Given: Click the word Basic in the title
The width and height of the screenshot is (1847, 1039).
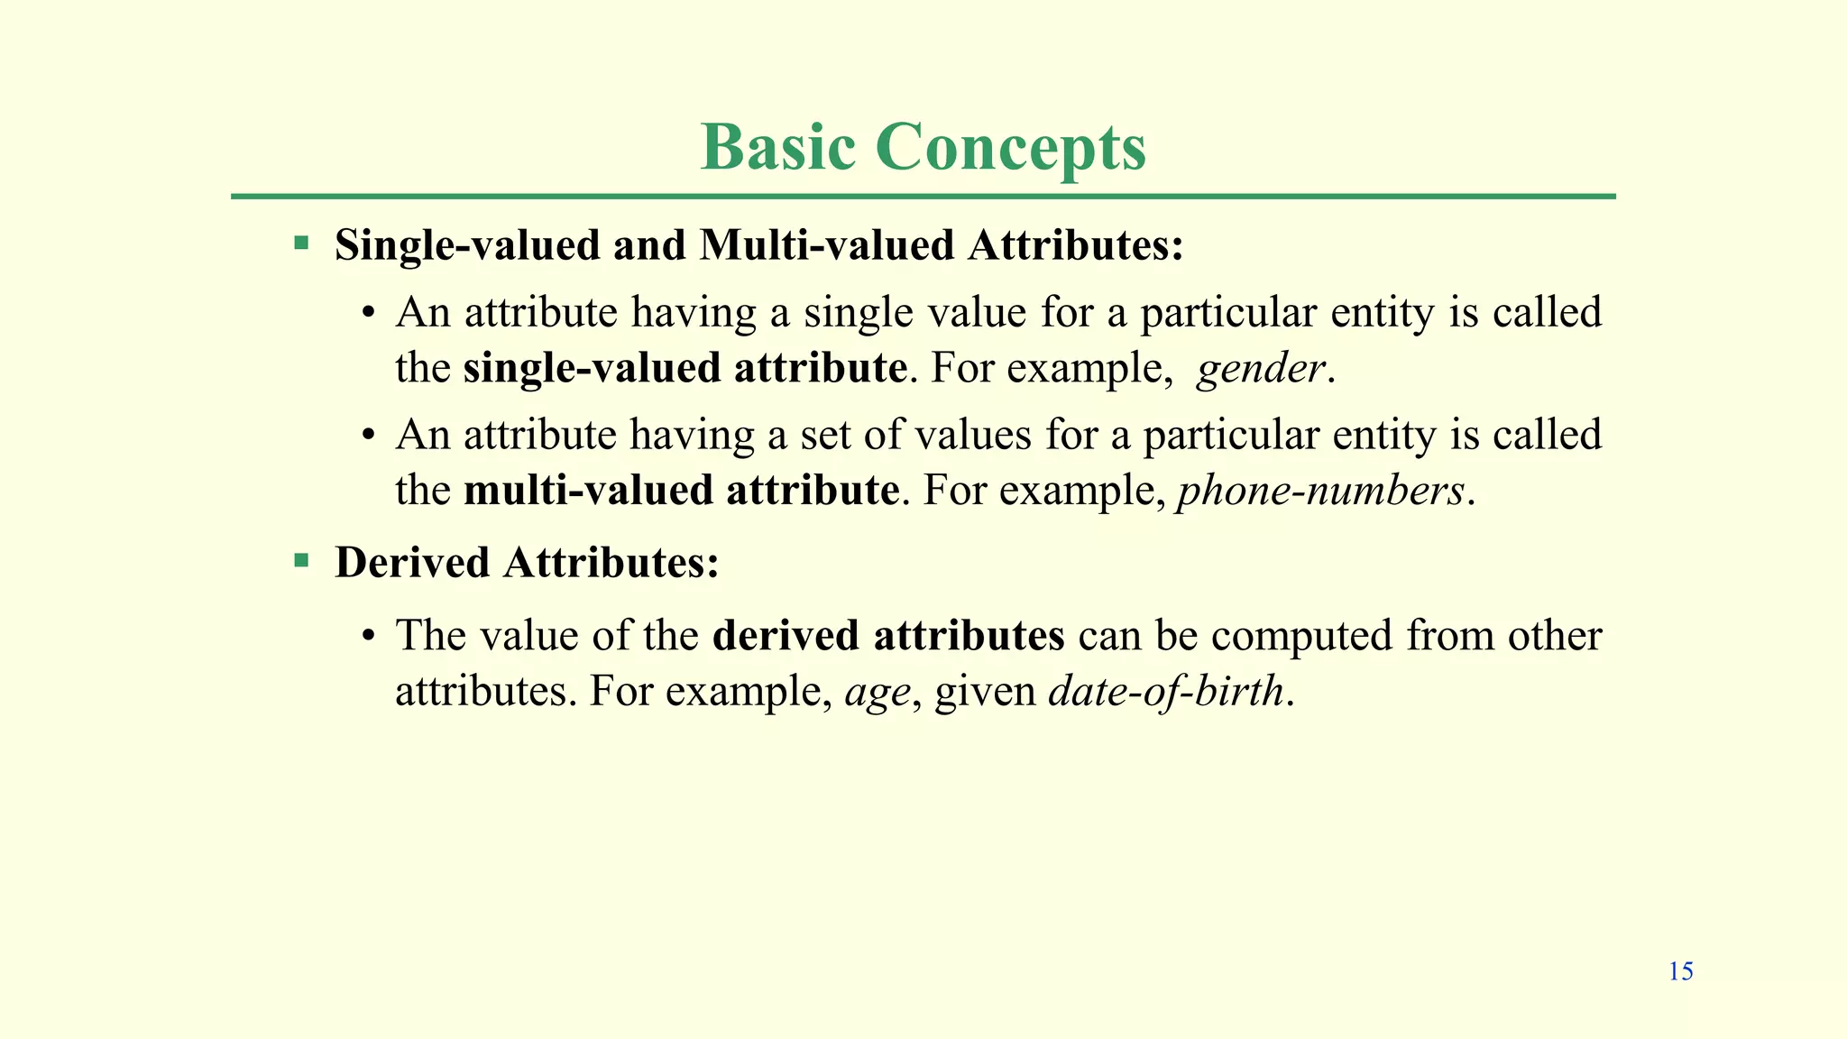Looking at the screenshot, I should tap(777, 147).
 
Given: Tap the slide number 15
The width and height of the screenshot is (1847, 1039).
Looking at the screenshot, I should tap(1680, 971).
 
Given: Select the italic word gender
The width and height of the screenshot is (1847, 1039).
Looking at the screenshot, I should tap(1261, 369).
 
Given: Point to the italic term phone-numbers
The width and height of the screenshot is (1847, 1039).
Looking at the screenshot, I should tap(1320, 492).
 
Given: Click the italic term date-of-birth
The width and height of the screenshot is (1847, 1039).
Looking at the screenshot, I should tap(1166, 692).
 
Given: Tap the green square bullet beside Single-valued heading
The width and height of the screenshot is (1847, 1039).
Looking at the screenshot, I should tap(301, 244).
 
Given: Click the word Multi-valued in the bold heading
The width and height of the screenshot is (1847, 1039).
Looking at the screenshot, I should tap(826, 245).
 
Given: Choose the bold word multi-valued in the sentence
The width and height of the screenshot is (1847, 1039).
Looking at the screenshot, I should tap(588, 491).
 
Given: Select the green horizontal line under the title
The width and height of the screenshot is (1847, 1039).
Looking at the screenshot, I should tap(923, 196).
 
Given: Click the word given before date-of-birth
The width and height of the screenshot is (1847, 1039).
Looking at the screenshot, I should tap(985, 693).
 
